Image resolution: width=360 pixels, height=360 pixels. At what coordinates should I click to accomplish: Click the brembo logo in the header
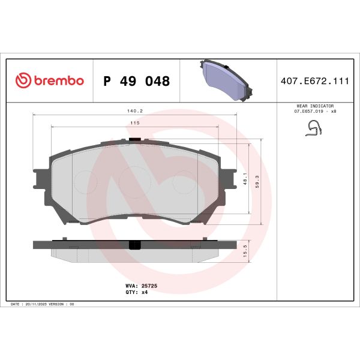tap(49, 80)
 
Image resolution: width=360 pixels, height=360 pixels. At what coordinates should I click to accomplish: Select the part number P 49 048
tap(137, 81)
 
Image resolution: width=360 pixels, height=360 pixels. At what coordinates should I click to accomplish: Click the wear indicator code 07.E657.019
tap(307, 112)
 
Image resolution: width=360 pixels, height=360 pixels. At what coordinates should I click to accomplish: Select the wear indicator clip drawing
tap(314, 128)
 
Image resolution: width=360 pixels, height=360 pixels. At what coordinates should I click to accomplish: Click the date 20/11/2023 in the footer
tap(38, 305)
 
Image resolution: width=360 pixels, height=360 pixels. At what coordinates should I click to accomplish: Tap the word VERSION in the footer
tap(59, 305)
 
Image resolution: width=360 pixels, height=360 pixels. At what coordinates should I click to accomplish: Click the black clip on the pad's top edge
tap(135, 141)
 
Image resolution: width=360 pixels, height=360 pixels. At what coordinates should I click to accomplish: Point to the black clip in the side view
tap(135, 245)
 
